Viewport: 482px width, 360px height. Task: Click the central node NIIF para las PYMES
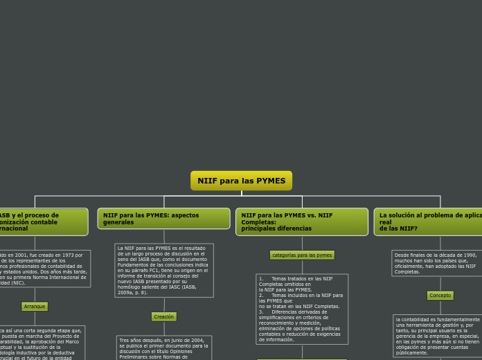point(241,181)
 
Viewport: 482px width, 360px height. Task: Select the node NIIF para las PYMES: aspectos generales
point(163,218)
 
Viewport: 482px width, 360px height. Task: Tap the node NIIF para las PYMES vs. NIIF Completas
point(302,222)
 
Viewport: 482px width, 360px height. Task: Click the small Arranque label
point(35,306)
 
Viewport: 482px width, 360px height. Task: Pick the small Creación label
point(164,316)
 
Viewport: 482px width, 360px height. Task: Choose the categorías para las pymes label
point(302,255)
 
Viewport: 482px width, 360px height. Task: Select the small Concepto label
point(440,295)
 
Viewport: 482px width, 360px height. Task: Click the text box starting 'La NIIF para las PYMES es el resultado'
point(163,270)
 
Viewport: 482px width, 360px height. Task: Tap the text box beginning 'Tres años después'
point(163,348)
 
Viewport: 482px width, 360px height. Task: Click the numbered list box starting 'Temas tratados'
point(302,309)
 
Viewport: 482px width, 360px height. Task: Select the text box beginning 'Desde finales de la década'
point(437,263)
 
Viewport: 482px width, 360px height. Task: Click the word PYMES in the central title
point(271,181)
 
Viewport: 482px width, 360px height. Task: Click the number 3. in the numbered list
point(261,312)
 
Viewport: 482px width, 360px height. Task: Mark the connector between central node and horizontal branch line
point(241,193)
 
